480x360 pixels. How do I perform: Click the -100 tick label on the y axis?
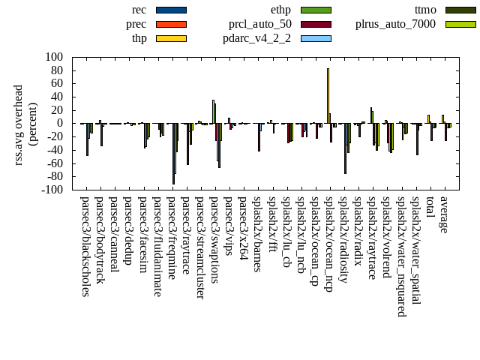click(52, 190)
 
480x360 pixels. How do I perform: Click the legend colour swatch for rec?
click(171, 10)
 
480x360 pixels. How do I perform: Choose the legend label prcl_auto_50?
click(260, 24)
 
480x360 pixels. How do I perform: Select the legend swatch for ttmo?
click(460, 10)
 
